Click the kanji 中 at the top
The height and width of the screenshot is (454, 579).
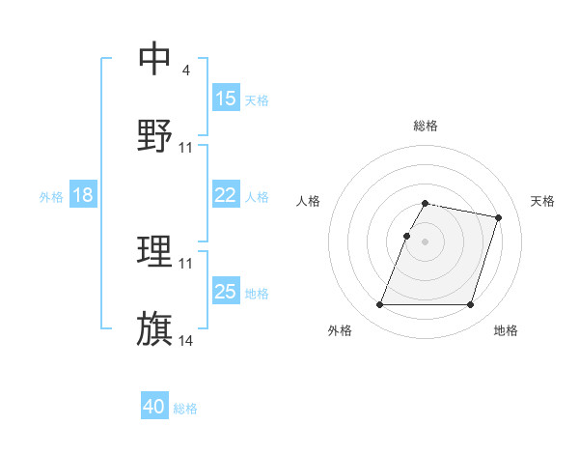(155, 60)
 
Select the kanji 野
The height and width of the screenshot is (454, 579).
(155, 135)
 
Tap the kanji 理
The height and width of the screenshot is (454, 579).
(155, 253)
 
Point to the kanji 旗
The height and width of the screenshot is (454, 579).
(155, 328)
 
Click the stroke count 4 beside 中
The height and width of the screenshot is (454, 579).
(185, 71)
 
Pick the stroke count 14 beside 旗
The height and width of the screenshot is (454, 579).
(186, 340)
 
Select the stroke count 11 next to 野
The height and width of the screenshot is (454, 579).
(186, 147)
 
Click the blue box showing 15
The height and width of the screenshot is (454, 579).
(225, 99)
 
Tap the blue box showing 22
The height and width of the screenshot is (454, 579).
(225, 195)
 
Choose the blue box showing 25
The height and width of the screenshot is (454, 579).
(225, 292)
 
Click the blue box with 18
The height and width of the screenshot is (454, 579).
(82, 195)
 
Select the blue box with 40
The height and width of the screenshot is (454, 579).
(153, 407)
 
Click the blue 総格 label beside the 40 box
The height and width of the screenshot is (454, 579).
(185, 409)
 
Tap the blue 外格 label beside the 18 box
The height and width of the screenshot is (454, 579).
(51, 197)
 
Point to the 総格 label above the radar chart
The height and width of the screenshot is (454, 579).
(425, 126)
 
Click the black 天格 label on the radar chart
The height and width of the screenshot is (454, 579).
(542, 201)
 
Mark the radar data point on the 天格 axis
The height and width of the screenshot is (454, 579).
(498, 217)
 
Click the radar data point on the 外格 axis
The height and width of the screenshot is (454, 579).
(380, 305)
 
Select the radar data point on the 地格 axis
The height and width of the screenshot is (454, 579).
(470, 305)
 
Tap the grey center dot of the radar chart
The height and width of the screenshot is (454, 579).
(425, 241)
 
